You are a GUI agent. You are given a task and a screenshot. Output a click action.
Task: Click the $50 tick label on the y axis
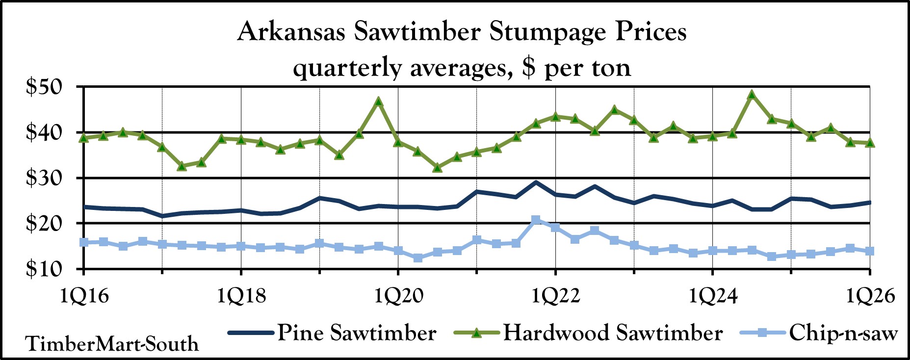(44, 87)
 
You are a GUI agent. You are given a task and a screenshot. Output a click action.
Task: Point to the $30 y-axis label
(44, 178)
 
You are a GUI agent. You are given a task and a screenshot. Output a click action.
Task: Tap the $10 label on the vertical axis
(44, 269)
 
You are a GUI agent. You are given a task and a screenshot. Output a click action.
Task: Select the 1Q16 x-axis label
(84, 296)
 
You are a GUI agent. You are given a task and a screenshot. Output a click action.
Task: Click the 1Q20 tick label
(398, 296)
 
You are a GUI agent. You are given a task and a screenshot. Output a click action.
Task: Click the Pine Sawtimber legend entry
(357, 333)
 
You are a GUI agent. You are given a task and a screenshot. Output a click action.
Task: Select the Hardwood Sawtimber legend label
(613, 333)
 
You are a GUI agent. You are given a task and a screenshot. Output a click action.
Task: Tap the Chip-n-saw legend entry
(843, 333)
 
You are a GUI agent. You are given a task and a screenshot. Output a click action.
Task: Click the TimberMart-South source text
(112, 344)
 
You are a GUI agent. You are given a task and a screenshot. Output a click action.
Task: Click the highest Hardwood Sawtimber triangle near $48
(752, 95)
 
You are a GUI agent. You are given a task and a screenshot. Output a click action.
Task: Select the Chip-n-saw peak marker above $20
(536, 220)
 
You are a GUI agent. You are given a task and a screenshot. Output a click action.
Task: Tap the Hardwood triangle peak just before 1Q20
(378, 102)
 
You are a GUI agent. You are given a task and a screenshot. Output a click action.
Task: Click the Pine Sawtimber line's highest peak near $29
(536, 182)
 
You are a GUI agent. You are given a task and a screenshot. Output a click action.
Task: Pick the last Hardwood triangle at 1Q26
(870, 142)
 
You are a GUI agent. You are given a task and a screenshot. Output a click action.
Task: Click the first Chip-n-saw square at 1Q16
(84, 242)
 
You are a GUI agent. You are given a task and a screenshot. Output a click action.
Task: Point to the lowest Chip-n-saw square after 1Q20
(418, 257)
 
